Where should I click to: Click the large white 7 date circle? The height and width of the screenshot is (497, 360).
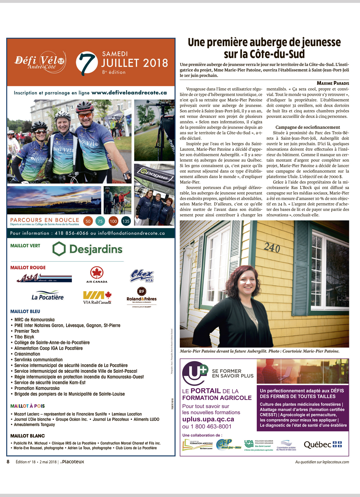click(x=87, y=63)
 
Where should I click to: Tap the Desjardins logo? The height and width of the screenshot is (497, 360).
click(x=87, y=249)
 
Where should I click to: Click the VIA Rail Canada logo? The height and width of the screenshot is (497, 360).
click(x=97, y=298)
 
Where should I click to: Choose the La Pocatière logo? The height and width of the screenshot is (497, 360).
click(x=48, y=296)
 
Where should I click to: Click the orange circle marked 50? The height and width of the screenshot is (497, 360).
click(x=88, y=221)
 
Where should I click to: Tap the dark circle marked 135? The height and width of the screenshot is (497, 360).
click(x=126, y=221)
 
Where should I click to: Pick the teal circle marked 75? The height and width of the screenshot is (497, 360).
click(x=100, y=221)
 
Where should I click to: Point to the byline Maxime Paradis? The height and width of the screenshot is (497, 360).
click(x=333, y=83)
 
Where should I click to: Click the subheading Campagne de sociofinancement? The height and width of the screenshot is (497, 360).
click(x=307, y=127)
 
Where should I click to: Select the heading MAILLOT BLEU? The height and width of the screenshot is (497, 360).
click(x=25, y=311)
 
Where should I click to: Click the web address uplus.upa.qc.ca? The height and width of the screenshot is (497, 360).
click(x=208, y=419)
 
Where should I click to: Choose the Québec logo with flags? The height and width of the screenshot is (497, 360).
click(x=323, y=444)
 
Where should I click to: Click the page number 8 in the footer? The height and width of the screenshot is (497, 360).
click(x=8, y=462)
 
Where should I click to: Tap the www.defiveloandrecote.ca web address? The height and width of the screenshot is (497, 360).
click(x=129, y=93)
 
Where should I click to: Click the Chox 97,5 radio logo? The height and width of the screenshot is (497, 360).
click(x=142, y=276)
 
